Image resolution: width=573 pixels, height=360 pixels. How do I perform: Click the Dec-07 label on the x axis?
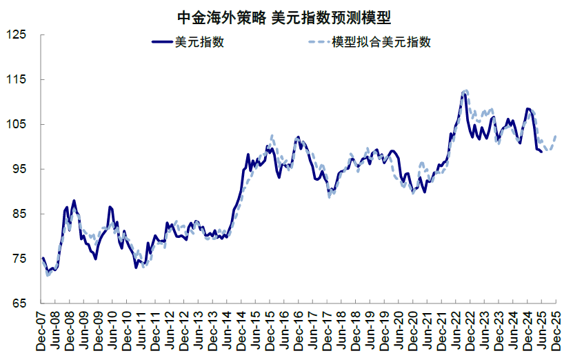(42, 331)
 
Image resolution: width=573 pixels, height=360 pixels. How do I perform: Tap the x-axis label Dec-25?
(556, 331)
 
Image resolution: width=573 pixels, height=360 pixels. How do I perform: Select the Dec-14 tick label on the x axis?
(241, 331)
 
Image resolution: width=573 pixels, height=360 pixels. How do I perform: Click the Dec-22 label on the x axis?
(470, 331)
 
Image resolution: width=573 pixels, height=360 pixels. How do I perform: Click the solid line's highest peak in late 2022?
(464, 92)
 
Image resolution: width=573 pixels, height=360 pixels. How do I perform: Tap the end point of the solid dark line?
(541, 151)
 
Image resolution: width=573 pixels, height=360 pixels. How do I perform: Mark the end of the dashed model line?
(556, 136)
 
